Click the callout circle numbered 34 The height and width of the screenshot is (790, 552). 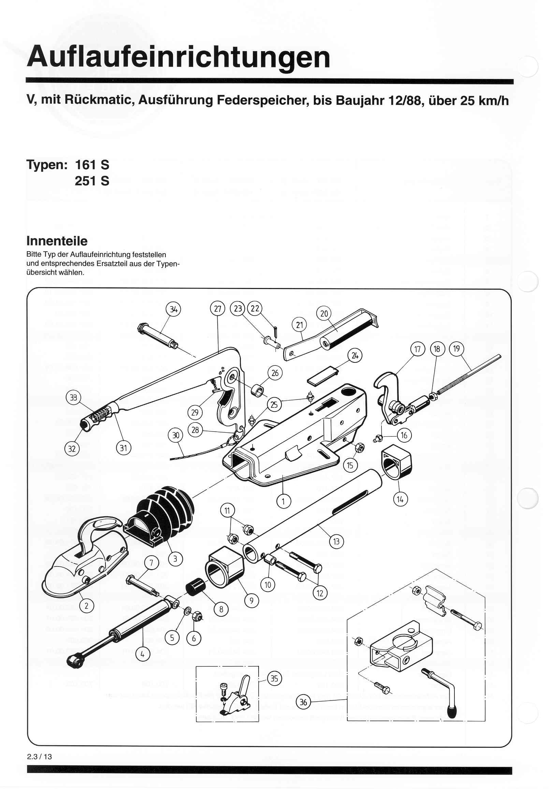tap(173, 309)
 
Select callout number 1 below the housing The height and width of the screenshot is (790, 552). tap(284, 501)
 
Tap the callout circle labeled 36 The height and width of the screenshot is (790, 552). tap(303, 702)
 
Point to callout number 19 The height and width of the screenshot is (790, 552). tap(456, 349)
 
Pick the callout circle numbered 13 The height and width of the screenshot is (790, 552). tap(336, 542)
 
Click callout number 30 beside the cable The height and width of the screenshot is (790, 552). tap(175, 435)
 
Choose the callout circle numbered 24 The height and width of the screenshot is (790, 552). tap(354, 356)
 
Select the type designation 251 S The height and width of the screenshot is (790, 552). tap(92, 181)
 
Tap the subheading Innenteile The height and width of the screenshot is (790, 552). tap(57, 241)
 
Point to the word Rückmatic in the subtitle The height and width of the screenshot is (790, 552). tap(98, 100)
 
